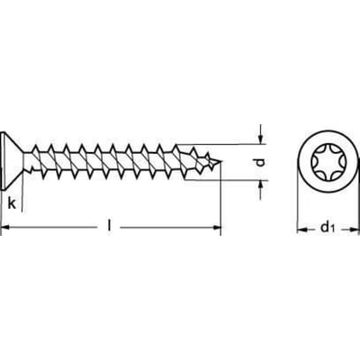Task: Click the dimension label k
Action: pyautogui.click(x=12, y=203)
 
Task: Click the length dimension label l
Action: pyautogui.click(x=110, y=226)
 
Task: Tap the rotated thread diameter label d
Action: pyautogui.click(x=261, y=162)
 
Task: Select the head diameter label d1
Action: pyautogui.click(x=328, y=228)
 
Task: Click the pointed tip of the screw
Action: pyautogui.click(x=222, y=162)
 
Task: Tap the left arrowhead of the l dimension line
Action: pyautogui.click(x=5, y=228)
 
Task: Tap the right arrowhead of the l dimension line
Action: pyautogui.click(x=217, y=228)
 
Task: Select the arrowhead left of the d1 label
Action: pyautogui.click(x=301, y=229)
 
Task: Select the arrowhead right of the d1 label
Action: pyautogui.click(x=354, y=229)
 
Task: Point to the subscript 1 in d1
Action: pyautogui.click(x=332, y=229)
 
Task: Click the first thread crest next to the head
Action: pyautogui.click(x=36, y=148)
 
